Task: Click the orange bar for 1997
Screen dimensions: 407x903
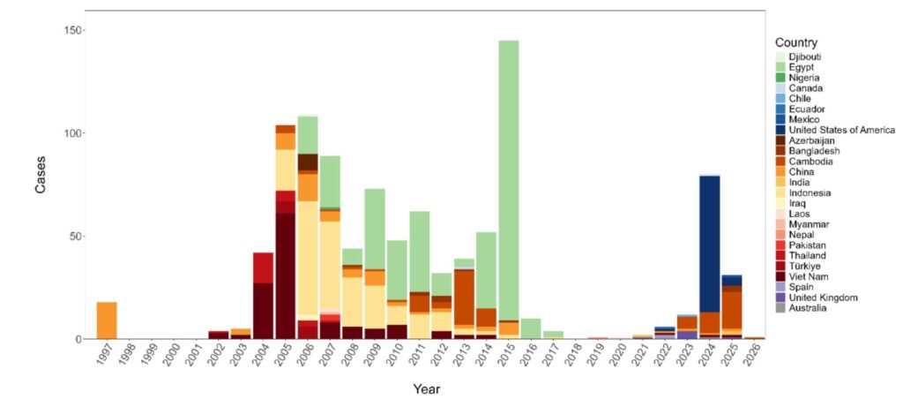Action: pyautogui.click(x=107, y=320)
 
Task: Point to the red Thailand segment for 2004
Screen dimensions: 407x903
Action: pyautogui.click(x=263, y=268)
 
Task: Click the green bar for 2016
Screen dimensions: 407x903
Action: pyautogui.click(x=531, y=328)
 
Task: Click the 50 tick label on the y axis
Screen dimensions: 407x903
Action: pyautogui.click(x=76, y=237)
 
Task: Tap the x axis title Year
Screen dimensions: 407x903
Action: pyautogui.click(x=427, y=388)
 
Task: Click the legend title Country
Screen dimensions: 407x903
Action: pyautogui.click(x=795, y=42)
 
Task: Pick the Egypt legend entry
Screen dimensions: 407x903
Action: pyautogui.click(x=802, y=67)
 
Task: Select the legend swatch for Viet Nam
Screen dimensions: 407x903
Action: pyautogui.click(x=780, y=276)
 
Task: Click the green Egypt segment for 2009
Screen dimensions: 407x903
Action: pyautogui.click(x=375, y=229)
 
